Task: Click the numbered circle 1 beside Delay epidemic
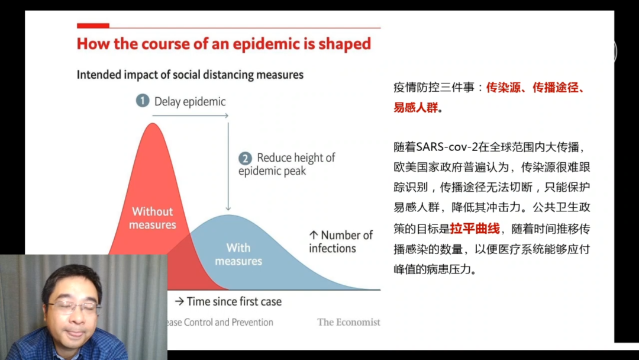coord(143,101)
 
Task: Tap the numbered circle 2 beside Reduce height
coord(245,158)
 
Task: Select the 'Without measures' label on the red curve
coord(153,218)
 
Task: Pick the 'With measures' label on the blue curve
coord(238,255)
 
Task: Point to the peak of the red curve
coord(153,124)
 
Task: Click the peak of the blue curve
coord(228,215)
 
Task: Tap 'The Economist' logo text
coord(348,322)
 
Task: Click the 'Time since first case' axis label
coord(228,301)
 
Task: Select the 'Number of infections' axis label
coord(341,242)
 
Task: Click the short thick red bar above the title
coord(93,25)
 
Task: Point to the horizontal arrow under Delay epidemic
coord(191,116)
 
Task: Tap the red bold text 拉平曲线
coord(475,229)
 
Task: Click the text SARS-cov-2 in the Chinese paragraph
coord(447,147)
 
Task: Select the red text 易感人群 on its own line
coord(416,108)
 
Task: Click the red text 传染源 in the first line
coord(504,88)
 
